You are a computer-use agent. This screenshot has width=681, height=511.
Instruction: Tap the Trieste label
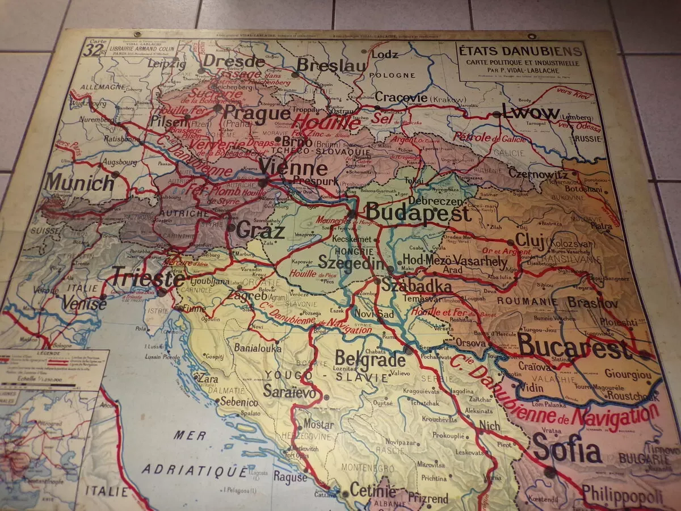(x=148, y=279)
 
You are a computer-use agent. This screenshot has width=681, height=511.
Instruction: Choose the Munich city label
(x=79, y=183)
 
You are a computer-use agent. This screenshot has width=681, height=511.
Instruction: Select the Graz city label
(x=260, y=231)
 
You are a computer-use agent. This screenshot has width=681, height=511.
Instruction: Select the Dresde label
(x=233, y=61)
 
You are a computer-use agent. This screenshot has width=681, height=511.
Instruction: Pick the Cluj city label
(x=530, y=241)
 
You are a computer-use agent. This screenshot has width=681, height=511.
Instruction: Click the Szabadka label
(x=416, y=286)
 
